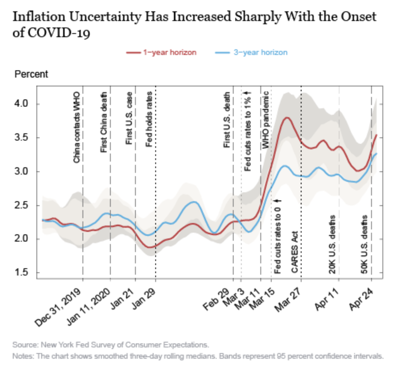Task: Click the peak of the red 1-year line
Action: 287,118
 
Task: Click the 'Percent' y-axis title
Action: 31,74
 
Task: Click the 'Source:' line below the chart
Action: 111,345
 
